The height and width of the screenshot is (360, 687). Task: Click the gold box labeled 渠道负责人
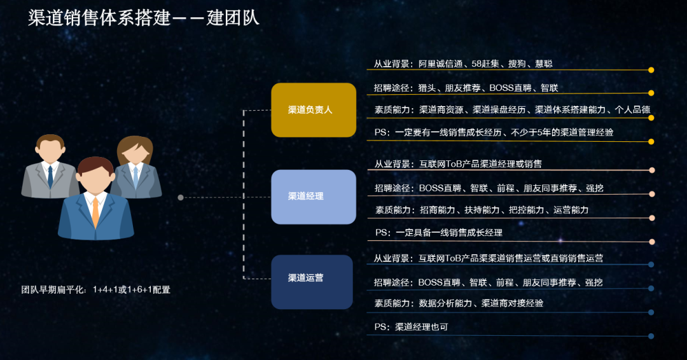[314, 110]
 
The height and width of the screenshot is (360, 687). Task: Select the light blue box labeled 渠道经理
[314, 197]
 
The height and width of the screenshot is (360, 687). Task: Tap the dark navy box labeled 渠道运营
[312, 282]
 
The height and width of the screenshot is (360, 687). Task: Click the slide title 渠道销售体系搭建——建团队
[144, 18]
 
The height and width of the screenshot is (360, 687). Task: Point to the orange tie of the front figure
[95, 212]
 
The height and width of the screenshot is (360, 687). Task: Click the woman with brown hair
[135, 167]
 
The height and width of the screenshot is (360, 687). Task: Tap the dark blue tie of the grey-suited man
[50, 176]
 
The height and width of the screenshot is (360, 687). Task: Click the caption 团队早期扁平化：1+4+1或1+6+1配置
[96, 290]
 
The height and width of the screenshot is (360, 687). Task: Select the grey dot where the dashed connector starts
[181, 198]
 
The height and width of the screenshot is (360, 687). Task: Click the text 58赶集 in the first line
[485, 64]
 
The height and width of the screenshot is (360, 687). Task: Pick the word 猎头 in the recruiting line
[427, 88]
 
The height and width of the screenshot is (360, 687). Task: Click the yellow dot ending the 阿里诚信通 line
[651, 70]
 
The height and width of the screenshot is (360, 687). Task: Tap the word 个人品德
[633, 110]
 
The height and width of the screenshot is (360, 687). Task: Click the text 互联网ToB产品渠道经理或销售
[481, 164]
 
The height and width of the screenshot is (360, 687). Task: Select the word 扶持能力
[482, 211]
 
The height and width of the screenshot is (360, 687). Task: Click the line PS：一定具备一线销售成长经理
[438, 233]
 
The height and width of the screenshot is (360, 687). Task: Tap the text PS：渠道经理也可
[411, 327]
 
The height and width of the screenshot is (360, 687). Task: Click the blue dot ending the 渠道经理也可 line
[651, 336]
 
